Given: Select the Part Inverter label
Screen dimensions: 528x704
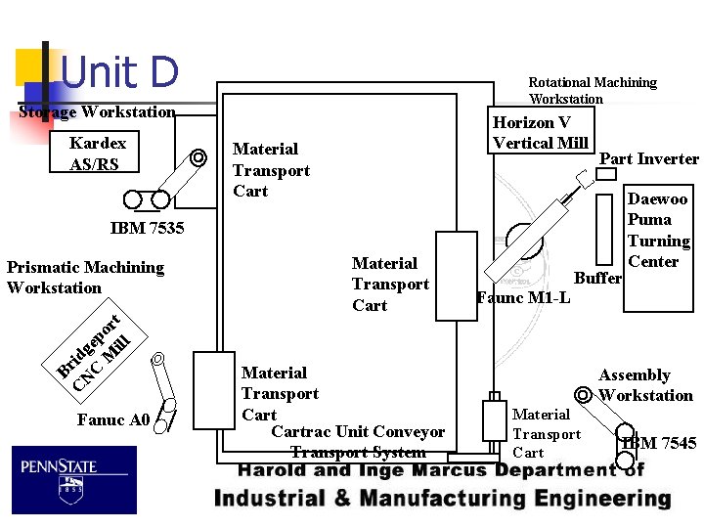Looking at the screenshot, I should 648,158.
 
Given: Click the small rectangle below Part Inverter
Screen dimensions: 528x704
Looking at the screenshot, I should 606,174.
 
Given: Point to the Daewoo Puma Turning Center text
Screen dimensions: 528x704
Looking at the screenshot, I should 658,230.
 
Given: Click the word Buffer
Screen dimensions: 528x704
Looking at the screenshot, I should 597,278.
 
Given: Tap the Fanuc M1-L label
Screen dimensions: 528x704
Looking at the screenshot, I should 523,297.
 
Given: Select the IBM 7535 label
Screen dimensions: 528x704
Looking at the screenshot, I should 147,229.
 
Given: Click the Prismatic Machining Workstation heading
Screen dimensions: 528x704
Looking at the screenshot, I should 85,277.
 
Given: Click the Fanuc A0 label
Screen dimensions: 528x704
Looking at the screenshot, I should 112,420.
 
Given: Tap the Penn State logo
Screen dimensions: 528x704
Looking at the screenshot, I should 74,479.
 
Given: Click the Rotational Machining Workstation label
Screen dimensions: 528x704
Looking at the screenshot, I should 593,90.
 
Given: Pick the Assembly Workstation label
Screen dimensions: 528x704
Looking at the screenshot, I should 644,385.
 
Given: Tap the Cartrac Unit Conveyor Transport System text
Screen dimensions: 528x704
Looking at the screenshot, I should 358,442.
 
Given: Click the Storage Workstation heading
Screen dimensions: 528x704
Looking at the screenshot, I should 98,111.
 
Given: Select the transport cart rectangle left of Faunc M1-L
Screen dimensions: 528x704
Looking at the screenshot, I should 456,276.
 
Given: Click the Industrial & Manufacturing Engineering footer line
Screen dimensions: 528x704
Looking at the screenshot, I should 442,499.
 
